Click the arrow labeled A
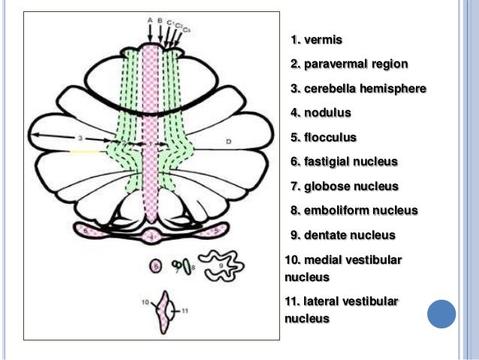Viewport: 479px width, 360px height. point(150,31)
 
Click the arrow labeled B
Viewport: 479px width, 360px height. point(161,31)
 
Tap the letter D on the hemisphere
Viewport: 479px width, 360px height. point(228,141)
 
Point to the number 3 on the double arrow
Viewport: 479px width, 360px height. point(79,138)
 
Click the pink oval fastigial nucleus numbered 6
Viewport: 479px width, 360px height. point(155,265)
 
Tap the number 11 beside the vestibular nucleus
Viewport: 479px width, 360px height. point(185,310)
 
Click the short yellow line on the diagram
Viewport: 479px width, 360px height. point(85,152)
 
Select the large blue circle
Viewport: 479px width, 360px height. point(441,313)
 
